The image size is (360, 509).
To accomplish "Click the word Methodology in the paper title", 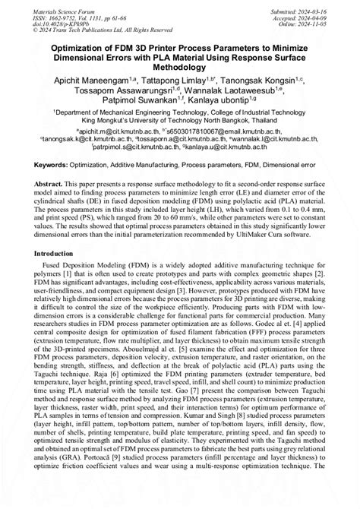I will (179, 67).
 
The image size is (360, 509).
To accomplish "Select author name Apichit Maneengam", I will (88, 79).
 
